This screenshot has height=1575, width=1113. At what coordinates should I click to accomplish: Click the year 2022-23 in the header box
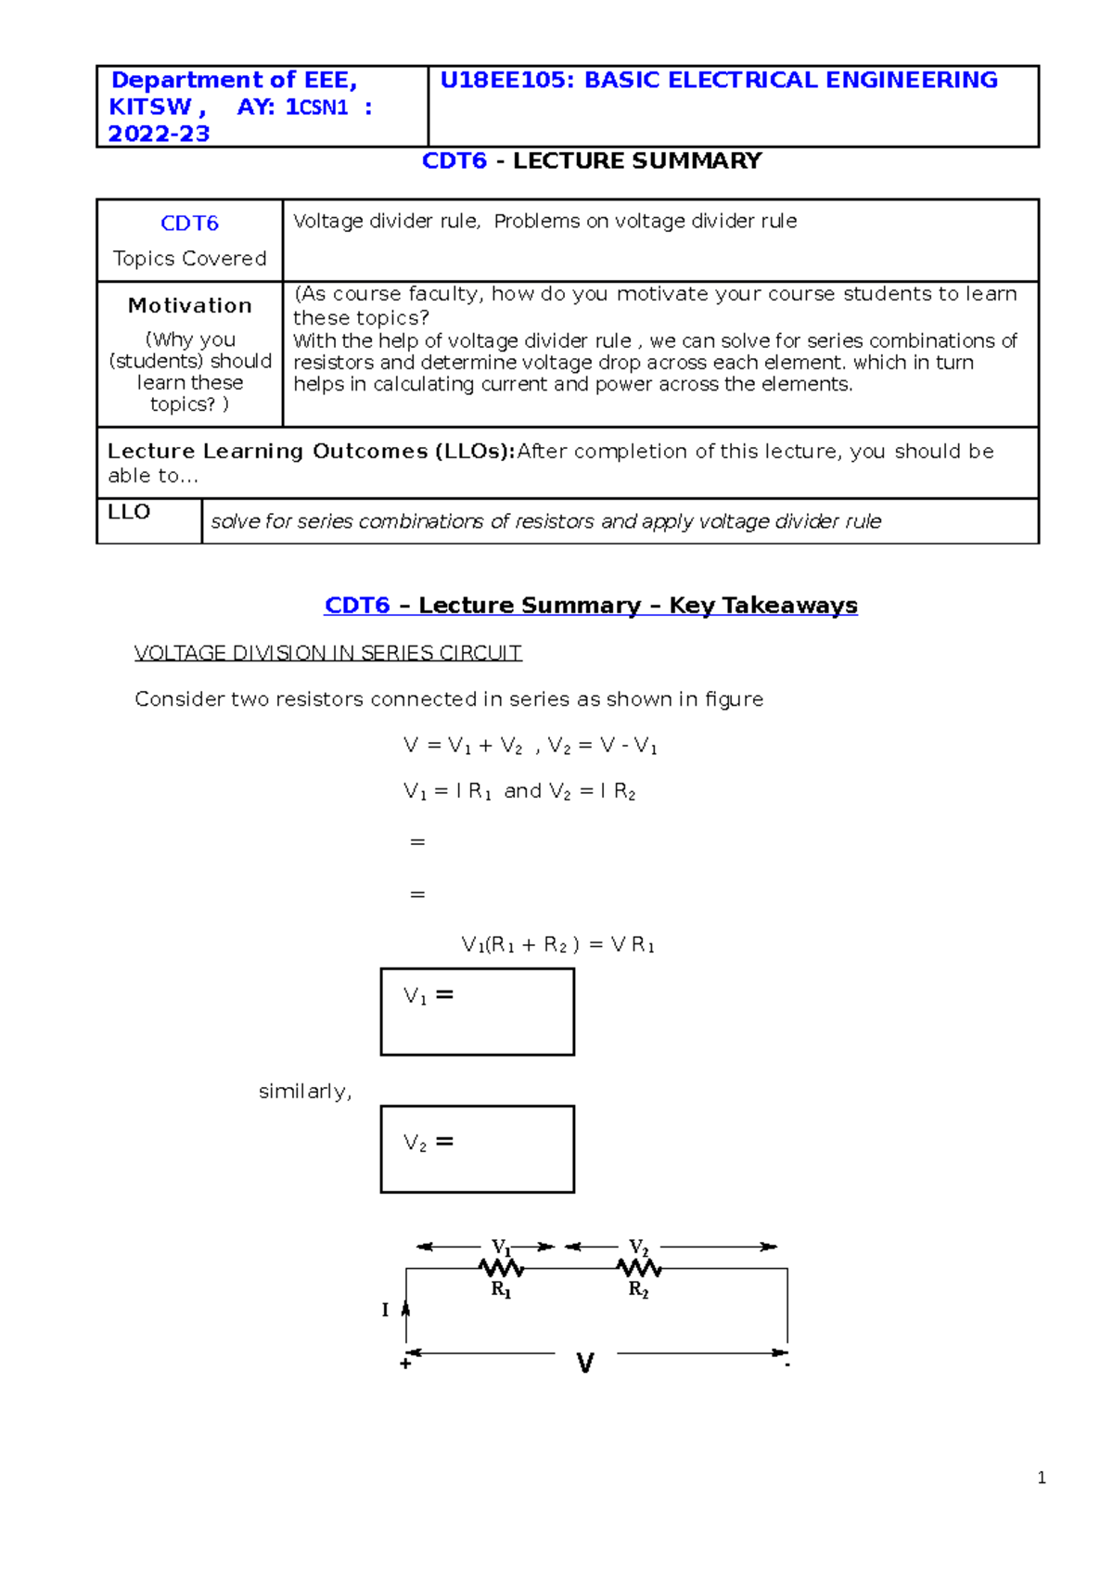pos(159,134)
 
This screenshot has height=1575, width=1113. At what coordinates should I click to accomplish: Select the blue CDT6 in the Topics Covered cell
pos(189,224)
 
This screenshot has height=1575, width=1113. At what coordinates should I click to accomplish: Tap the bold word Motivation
pos(189,306)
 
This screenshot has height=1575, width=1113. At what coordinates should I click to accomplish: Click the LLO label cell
pos(129,513)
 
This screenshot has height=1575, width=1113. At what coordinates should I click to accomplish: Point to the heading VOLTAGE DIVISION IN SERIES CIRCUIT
pos(327,653)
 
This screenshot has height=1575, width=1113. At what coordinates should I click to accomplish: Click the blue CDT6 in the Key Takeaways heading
pos(356,606)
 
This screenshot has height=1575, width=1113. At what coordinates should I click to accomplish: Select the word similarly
pos(304,1092)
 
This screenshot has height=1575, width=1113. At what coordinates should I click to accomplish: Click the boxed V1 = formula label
pos(428,996)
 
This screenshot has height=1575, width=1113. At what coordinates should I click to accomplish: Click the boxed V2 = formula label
pos(428,1143)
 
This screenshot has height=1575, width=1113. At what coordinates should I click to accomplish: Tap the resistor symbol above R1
pos(501,1267)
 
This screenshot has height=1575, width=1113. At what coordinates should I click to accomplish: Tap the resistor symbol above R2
pos(639,1267)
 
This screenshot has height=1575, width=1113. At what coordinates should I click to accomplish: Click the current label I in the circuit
pos(385,1310)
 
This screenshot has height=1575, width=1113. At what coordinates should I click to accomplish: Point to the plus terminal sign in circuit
pos(405,1364)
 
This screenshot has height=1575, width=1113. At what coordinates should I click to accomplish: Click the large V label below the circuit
pos(584,1364)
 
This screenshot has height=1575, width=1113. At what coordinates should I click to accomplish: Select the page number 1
pos(1042,1479)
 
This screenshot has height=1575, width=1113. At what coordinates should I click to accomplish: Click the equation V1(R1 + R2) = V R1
pos(557,945)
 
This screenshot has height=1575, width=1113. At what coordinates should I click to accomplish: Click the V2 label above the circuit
pos(638,1248)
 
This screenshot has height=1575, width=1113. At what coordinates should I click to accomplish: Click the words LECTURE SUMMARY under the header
pos(636,161)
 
